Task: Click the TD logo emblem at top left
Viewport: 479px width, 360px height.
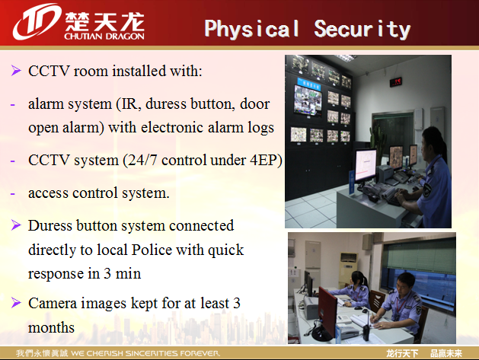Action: [x=37, y=21]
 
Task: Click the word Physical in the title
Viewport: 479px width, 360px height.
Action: [x=252, y=30]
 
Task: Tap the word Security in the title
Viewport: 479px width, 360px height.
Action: [x=362, y=30]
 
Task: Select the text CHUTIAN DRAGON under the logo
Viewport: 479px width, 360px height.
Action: [x=104, y=37]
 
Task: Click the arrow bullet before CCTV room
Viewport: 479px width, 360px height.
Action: [x=16, y=71]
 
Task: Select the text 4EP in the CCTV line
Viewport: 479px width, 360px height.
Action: [x=263, y=160]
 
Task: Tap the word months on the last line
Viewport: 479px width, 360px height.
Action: [x=51, y=327]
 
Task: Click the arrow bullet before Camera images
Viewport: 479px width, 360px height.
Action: [x=16, y=303]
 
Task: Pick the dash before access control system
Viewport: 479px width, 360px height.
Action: [x=12, y=193]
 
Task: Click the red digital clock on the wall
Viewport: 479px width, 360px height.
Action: [x=395, y=82]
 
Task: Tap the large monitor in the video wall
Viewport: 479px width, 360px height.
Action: [x=308, y=100]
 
